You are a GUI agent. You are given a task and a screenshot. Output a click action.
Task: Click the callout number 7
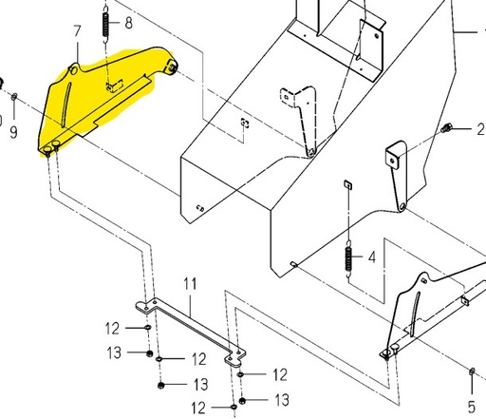tap(78, 31)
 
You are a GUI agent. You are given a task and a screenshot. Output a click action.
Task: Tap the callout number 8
tap(129, 23)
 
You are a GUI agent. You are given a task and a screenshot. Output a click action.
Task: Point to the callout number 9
tap(13, 132)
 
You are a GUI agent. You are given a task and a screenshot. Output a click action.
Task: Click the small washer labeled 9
tap(14, 97)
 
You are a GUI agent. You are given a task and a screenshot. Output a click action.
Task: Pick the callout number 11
tap(190, 284)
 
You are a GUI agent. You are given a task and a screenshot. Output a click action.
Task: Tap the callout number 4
tap(372, 257)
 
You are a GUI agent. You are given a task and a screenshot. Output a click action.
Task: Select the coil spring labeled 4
tap(348, 258)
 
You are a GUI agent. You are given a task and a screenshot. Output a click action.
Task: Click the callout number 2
tap(480, 129)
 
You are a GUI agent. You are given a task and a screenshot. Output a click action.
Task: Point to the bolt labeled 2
tap(446, 127)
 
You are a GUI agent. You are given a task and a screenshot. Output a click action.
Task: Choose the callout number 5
tap(472, 407)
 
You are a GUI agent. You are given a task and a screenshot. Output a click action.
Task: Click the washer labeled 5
tap(472, 371)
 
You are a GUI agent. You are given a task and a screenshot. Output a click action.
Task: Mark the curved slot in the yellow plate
tap(65, 105)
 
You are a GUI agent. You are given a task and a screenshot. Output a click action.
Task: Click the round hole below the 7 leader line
tap(73, 70)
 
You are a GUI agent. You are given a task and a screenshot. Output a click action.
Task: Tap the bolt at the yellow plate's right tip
tap(173, 67)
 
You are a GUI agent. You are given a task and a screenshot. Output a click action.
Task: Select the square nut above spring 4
tap(348, 184)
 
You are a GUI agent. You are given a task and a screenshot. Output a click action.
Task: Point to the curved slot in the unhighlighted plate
tap(416, 314)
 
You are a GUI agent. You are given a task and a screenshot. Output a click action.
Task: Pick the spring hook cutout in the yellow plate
tap(115, 86)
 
